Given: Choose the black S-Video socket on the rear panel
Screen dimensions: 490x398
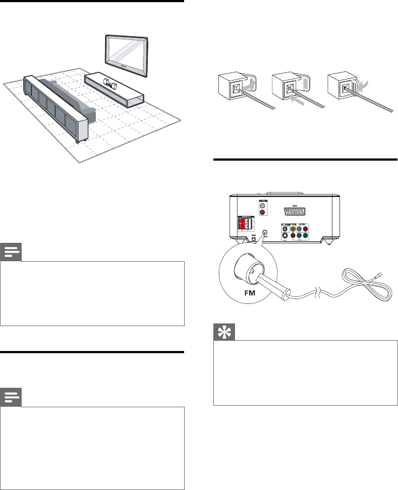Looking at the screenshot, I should (285, 236).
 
